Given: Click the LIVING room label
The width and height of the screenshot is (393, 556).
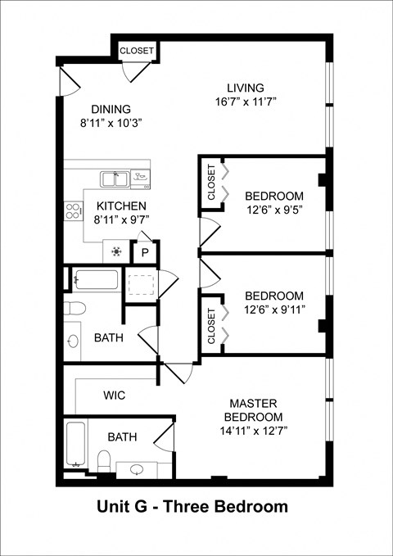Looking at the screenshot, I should pyautogui.click(x=245, y=88).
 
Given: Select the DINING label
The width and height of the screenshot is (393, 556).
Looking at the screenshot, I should pyautogui.click(x=111, y=109).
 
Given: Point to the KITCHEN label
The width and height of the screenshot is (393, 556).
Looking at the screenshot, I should pyautogui.click(x=121, y=206).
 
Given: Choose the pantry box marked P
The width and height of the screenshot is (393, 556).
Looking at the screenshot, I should pyautogui.click(x=144, y=252).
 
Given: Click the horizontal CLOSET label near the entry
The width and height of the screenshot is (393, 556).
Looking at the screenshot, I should pyautogui.click(x=136, y=51).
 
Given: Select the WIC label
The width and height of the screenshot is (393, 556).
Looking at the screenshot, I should pyautogui.click(x=114, y=395).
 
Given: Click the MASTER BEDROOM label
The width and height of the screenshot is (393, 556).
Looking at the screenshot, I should pyautogui.click(x=253, y=410).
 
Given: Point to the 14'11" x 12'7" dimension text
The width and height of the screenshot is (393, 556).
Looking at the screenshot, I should pyautogui.click(x=253, y=431).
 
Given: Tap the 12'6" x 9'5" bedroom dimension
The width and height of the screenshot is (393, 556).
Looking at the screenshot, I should pyautogui.click(x=273, y=210).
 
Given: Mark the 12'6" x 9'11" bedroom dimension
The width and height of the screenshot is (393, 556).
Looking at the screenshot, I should pyautogui.click(x=273, y=310).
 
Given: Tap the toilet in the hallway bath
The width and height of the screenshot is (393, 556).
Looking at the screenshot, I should pyautogui.click(x=75, y=309).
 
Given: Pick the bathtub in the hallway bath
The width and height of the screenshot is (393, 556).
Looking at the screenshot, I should pyautogui.click(x=94, y=279).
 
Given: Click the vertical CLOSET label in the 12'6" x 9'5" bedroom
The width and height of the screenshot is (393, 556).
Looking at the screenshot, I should pyautogui.click(x=211, y=183).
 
